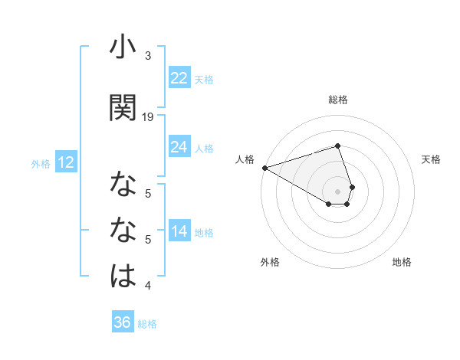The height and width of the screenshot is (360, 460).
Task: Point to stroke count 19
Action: [149, 116]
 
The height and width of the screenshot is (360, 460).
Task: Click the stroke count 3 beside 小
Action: [148, 56]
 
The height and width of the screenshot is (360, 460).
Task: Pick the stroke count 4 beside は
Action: [148, 286]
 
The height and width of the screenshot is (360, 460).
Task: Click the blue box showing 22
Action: [179, 78]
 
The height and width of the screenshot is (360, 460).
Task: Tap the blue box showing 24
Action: [179, 147]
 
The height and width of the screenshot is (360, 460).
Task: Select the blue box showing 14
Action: [179, 231]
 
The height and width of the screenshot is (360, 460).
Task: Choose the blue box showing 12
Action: [65, 162]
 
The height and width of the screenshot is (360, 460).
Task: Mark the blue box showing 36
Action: [123, 322]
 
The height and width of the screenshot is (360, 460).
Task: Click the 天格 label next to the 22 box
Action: [204, 79]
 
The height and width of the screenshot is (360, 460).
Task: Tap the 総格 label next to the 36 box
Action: [147, 324]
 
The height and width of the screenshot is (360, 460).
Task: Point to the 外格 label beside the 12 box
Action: [41, 163]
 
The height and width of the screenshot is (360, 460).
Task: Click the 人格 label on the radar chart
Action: [245, 159]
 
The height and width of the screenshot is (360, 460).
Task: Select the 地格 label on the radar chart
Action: [402, 262]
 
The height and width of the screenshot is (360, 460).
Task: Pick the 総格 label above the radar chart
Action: [338, 100]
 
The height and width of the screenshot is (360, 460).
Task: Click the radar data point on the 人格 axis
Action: [264, 168]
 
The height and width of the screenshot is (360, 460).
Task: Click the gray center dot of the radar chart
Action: [338, 191]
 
